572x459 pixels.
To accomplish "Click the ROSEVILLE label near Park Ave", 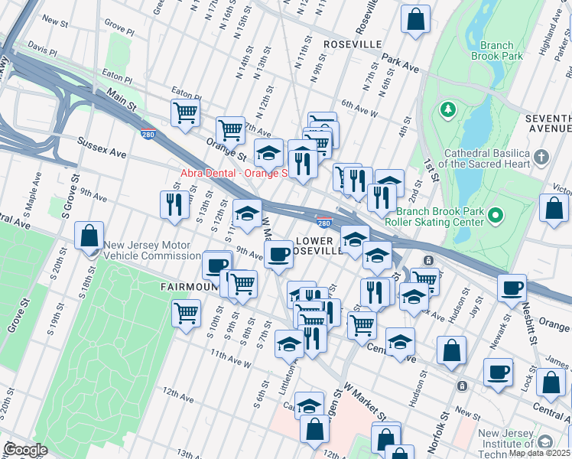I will click(352, 44).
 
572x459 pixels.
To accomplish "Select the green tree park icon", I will click(447, 111).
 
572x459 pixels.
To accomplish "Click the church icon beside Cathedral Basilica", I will click(541, 158).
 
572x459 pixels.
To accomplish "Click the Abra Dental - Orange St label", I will click(233, 173).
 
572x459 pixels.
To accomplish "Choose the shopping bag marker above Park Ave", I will click(415, 21).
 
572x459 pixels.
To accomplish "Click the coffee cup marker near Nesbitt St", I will click(512, 288).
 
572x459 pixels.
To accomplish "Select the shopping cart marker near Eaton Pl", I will click(185, 112).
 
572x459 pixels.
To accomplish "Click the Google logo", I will click(25, 449).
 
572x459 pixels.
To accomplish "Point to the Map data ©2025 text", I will click(538, 453).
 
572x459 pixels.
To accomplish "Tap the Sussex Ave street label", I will click(102, 148).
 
